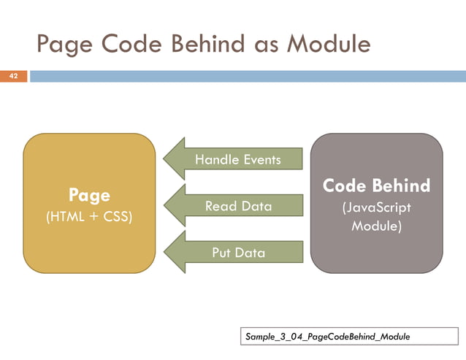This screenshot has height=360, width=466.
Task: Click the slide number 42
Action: pyautogui.click(x=12, y=75)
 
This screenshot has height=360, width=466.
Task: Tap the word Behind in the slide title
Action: pyautogui.click(x=199, y=45)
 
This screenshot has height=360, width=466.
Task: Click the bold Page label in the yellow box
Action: pyautogui.click(x=89, y=195)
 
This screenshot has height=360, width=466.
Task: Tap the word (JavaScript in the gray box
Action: pyautogui.click(x=376, y=207)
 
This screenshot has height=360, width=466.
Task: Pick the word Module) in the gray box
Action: pyautogui.click(x=376, y=226)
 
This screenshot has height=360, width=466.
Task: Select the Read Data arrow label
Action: pyautogui.click(x=238, y=207)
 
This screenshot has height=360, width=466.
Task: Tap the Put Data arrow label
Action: pyautogui.click(x=238, y=253)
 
